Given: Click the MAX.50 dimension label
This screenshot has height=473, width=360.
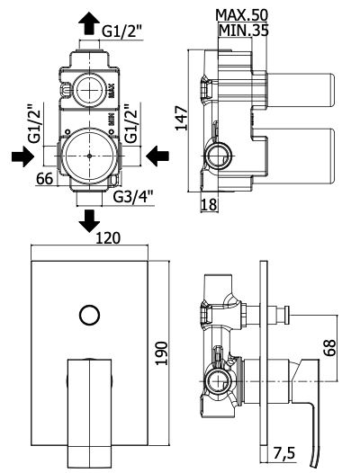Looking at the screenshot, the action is click(242, 14).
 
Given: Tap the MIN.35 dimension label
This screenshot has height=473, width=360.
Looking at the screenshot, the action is click(243, 31).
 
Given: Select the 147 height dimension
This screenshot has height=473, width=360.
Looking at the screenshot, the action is click(182, 119).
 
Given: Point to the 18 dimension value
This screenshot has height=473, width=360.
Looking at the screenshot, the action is click(209, 205).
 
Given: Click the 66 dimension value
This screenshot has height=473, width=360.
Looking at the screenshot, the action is click(45, 179).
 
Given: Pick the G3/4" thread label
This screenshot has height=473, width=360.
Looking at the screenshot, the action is click(133, 197).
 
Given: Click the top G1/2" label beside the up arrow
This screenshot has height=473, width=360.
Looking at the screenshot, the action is click(122, 31).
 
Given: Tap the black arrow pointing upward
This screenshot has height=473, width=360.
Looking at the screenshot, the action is click(89, 22).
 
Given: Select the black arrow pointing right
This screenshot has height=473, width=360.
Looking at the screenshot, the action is click(22, 156).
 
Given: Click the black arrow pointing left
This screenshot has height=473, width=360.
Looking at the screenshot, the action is click(157, 156).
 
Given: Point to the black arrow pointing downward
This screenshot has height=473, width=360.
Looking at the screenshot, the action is click(89, 221).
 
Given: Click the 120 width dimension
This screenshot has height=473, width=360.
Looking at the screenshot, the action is click(108, 238).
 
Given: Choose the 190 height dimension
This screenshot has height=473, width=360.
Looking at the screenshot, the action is click(162, 353).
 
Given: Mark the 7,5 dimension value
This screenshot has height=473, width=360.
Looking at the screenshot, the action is click(283, 453).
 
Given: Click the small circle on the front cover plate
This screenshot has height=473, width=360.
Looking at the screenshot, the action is click(89, 316).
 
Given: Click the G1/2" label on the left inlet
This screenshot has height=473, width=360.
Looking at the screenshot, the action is click(34, 123).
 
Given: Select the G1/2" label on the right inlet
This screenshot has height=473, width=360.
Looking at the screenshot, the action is click(131, 123).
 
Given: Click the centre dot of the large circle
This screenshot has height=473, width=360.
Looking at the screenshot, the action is click(89, 156).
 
